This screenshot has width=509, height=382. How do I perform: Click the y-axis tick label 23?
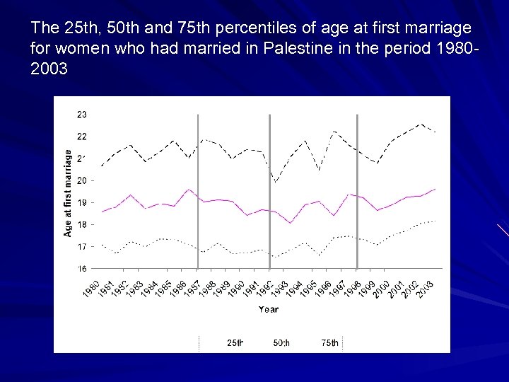[x=82, y=114]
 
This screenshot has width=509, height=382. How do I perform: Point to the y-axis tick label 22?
[x=82, y=136]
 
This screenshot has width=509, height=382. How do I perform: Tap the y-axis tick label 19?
[x=82, y=202]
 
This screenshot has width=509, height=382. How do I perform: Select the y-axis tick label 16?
[x=82, y=269]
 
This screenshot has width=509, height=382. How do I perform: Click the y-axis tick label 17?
[x=82, y=247]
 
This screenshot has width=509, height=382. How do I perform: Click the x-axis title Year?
[x=268, y=309]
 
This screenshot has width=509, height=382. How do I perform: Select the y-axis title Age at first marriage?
[x=69, y=192]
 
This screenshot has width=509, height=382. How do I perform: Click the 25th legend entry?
[x=235, y=343]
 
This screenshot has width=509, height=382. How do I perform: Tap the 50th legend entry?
[x=281, y=343]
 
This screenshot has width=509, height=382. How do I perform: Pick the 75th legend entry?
[x=329, y=343]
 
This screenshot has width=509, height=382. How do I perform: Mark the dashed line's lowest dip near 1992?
[x=276, y=183]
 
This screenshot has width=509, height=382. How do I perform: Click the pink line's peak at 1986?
[x=189, y=190]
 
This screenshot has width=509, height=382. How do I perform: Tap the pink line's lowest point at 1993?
[x=291, y=223]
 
